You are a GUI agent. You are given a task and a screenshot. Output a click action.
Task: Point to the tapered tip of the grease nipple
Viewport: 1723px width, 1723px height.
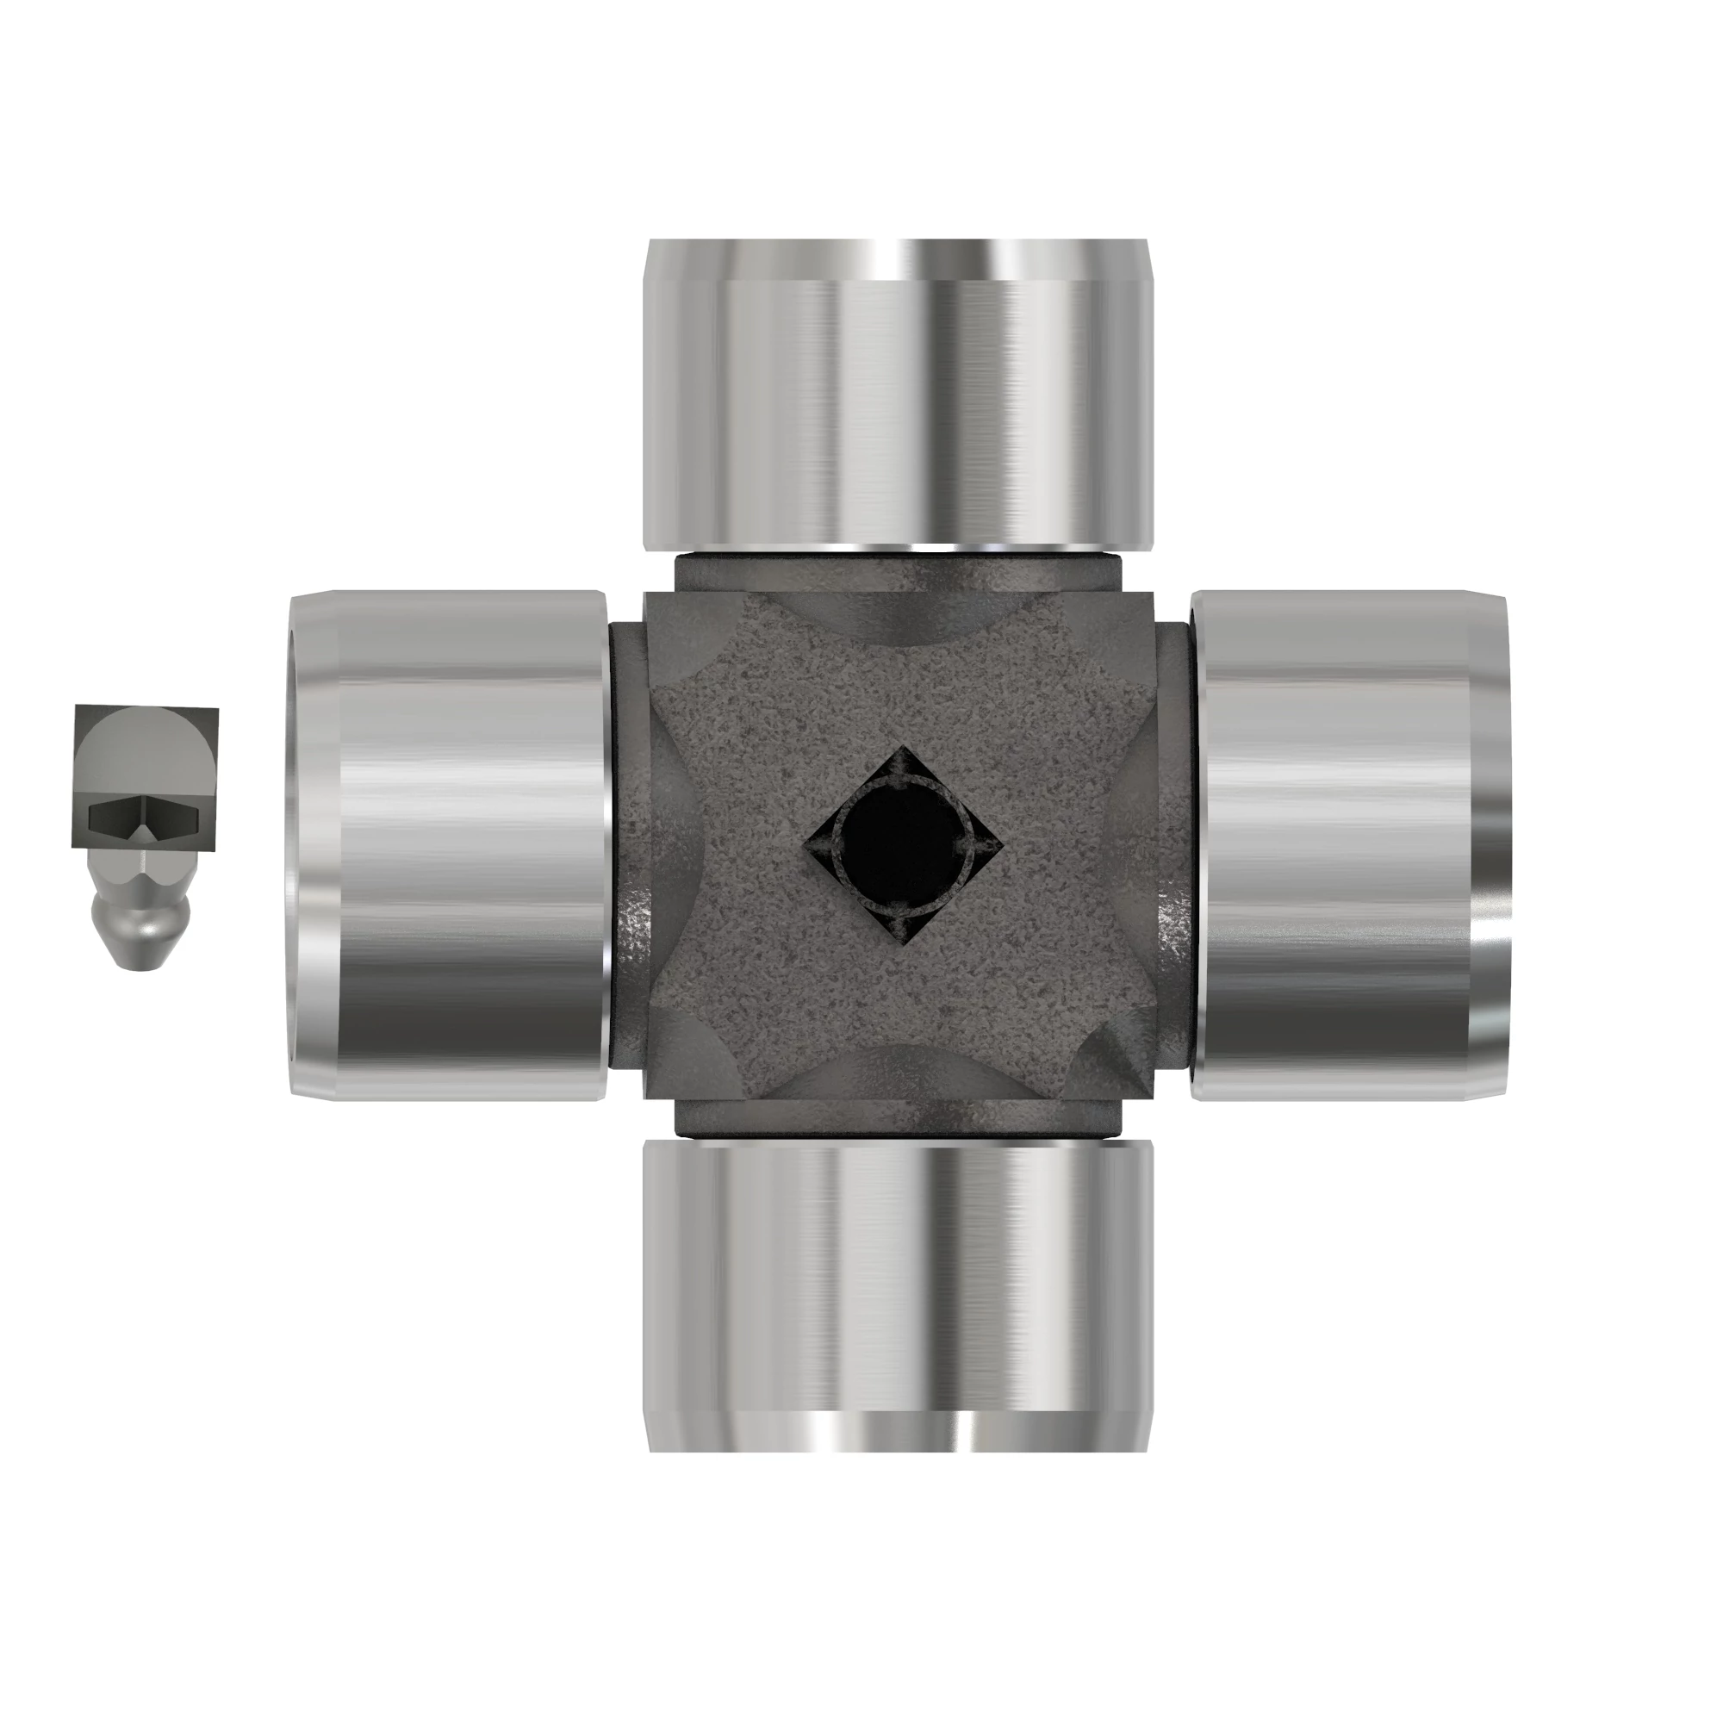(x=141, y=959)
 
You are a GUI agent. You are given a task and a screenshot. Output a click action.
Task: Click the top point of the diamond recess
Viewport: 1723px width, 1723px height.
(x=904, y=752)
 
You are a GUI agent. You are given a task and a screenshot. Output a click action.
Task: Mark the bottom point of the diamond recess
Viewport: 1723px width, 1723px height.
(x=904, y=941)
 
